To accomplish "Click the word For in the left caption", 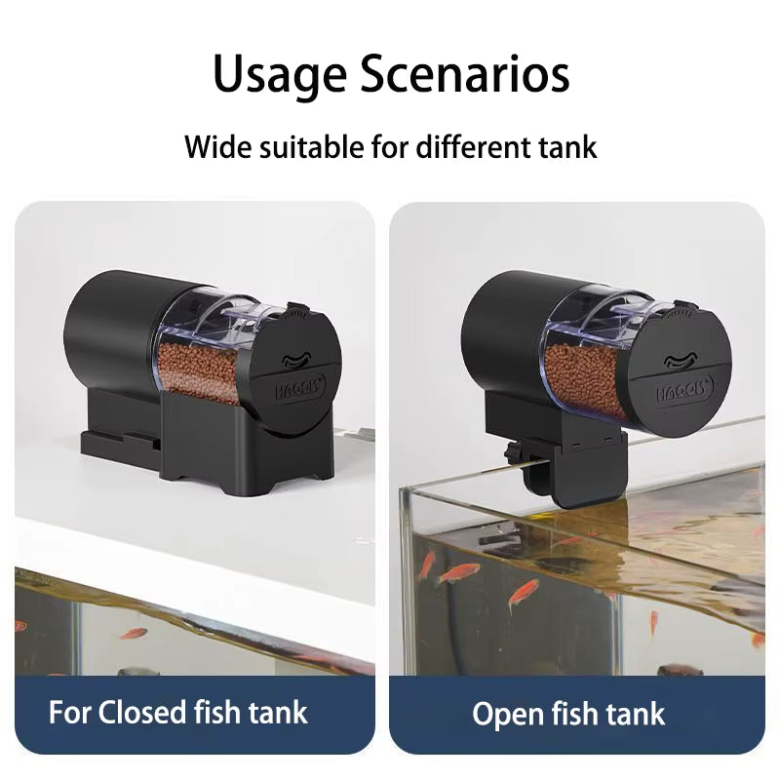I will pyautogui.click(x=72, y=712).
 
